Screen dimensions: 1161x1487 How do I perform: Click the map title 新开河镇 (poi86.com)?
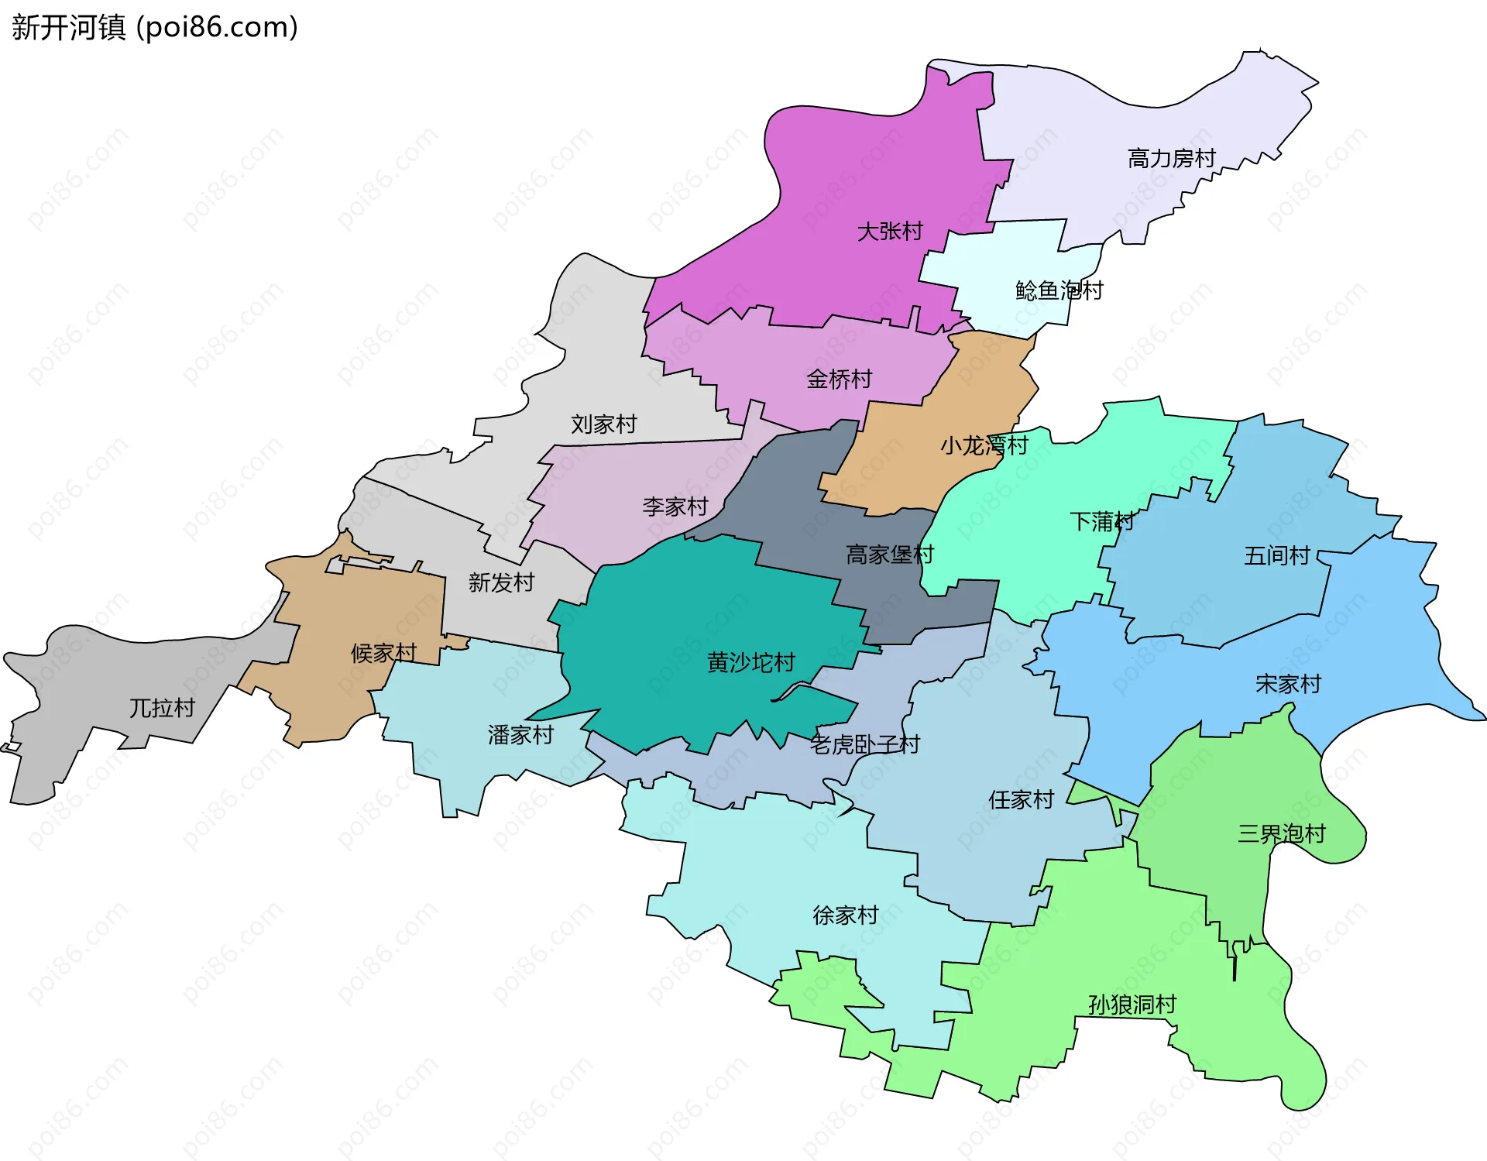pos(155,28)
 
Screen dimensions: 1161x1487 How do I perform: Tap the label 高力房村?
pos(1171,159)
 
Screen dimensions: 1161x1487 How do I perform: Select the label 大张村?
pos(890,232)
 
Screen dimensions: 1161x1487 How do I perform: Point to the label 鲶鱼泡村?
pos(1059,291)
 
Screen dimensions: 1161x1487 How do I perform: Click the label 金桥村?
pos(839,380)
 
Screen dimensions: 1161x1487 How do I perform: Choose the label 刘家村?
pos(603,424)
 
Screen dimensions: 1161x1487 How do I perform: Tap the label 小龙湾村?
pos(984,446)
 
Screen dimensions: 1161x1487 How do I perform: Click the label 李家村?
pos(675,507)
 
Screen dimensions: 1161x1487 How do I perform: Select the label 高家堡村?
pos(889,555)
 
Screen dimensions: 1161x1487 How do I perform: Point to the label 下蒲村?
pos(1101,522)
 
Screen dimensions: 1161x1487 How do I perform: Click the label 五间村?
pos(1276,556)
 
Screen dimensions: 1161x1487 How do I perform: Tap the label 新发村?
pos(501,583)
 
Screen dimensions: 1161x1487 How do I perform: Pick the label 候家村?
pos(383,654)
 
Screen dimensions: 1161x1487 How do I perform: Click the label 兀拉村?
pos(161,709)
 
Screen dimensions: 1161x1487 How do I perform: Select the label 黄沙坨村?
pos(750,663)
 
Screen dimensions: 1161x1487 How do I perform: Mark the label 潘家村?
pos(520,736)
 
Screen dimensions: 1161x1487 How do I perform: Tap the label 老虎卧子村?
pos(864,745)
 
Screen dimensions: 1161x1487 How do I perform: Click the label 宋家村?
pos(1288,685)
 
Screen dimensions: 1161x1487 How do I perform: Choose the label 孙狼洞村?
pos(1132,1005)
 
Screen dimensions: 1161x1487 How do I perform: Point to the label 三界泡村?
pos(1281,834)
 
